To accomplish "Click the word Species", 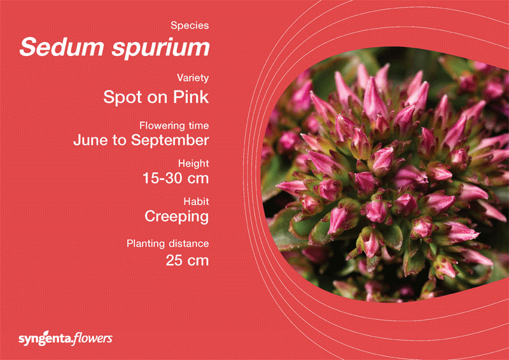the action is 190,25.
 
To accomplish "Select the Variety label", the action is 193,78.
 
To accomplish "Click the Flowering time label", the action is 174,125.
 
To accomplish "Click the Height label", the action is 193,163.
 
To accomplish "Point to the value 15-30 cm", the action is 176,179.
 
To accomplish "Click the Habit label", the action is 196,201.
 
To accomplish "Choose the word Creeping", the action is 177,217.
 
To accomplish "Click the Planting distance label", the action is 168,244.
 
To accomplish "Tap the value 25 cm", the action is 187,260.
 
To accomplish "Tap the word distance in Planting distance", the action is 188,243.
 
